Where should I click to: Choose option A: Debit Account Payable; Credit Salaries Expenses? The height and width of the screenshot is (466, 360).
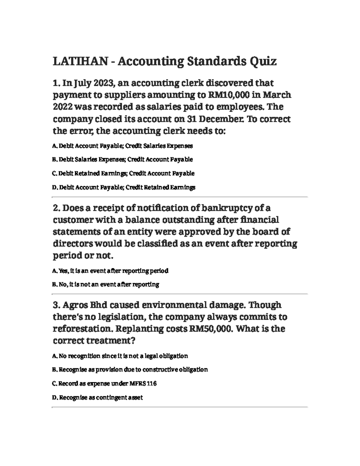pyautogui.click(x=122, y=146)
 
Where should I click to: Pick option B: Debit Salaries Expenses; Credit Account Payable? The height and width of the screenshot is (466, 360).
pyautogui.click(x=122, y=159)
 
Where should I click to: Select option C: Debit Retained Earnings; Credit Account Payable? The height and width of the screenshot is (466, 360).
pyautogui.click(x=123, y=173)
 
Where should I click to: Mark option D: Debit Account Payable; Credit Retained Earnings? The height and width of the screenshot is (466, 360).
pyautogui.click(x=124, y=188)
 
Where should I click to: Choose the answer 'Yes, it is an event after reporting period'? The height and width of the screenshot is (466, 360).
pyautogui.click(x=110, y=271)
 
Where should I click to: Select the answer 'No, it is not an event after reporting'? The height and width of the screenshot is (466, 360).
pyautogui.click(x=106, y=284)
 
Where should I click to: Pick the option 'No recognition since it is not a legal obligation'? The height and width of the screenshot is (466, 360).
pyautogui.click(x=120, y=356)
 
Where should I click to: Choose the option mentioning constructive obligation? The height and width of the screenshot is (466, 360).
pyautogui.click(x=130, y=369)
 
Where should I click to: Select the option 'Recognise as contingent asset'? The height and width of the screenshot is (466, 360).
pyautogui.click(x=97, y=398)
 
